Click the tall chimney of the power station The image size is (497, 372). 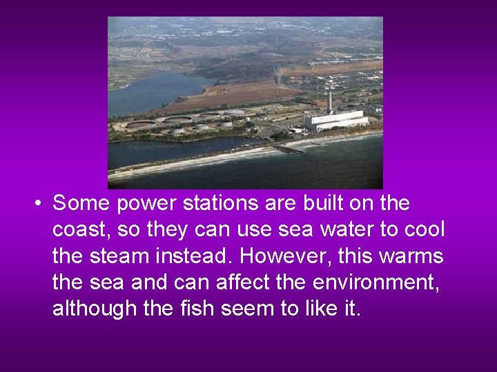pyautogui.click(x=330, y=101)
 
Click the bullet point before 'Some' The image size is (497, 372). pyautogui.click(x=40, y=204)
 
